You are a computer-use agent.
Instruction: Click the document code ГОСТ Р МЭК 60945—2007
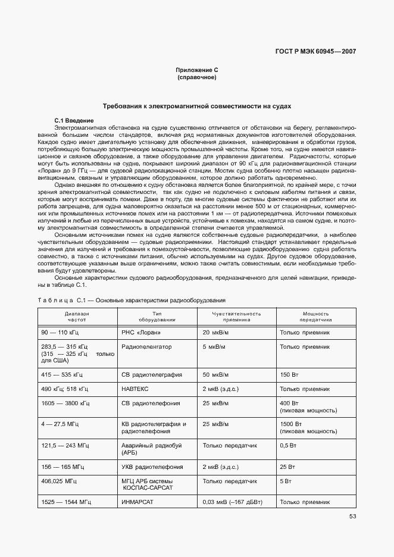pos(323,51)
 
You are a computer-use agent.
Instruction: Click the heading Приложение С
pos(196,70)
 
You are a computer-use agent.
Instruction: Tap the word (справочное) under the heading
pos(196,78)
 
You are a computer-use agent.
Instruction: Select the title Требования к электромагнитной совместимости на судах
pos(197,106)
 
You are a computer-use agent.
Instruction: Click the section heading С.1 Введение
pos(74,120)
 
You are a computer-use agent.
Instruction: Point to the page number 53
pos(352,517)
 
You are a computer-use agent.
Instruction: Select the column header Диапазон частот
pos(77,317)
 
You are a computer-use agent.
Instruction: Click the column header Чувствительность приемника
pos(237,317)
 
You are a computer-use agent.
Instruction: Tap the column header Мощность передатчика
pos(315,317)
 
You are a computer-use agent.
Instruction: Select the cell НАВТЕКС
pos(135,389)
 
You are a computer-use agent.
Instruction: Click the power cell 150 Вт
pos(289,375)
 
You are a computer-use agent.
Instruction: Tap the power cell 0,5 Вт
pos(288,445)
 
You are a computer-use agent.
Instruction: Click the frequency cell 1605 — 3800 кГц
pos(65,403)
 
